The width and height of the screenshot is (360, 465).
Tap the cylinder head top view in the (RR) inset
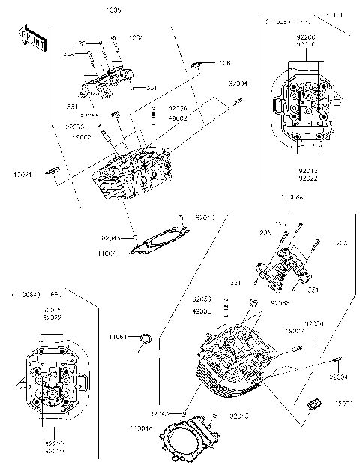tap(54, 379)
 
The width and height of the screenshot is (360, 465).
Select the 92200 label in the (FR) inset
tap(305, 36)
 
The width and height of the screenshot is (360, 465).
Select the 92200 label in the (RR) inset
tap(53, 444)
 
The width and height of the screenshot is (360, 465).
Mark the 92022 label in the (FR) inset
tap(305, 178)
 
